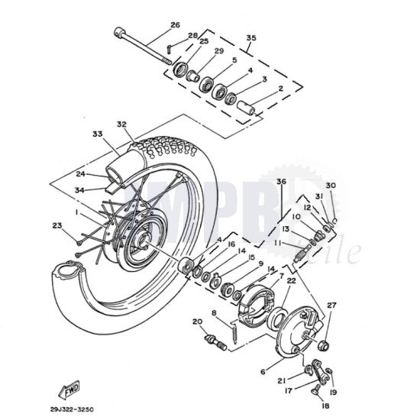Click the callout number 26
click(x=175, y=25)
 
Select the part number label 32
click(x=121, y=124)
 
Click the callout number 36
click(x=281, y=181)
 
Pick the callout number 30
click(x=330, y=186)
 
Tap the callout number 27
click(x=330, y=306)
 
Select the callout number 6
click(x=264, y=372)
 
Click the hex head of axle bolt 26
click(x=120, y=32)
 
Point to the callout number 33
click(x=97, y=134)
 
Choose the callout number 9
click(x=260, y=264)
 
